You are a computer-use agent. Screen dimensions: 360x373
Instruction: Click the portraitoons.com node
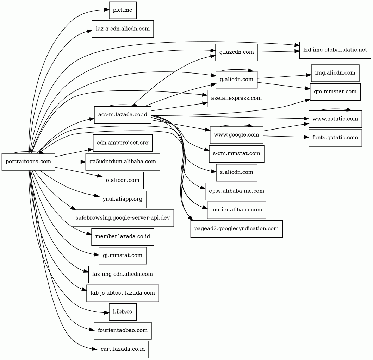click(28, 162)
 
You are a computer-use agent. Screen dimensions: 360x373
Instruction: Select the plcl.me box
click(123, 10)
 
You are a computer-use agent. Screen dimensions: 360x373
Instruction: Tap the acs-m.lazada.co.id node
click(123, 115)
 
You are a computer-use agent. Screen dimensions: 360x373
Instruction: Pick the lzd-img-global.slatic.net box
click(335, 50)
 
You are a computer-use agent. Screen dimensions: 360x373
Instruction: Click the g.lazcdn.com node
click(237, 52)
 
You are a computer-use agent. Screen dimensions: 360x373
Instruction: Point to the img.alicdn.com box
click(335, 73)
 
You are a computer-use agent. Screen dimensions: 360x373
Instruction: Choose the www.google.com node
click(237, 135)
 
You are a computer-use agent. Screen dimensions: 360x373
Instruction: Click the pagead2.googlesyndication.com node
click(237, 229)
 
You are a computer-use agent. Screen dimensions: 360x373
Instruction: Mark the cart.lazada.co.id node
click(123, 349)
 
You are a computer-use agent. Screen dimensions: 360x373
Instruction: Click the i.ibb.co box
click(123, 312)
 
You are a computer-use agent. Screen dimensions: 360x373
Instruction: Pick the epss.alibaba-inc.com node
click(237, 191)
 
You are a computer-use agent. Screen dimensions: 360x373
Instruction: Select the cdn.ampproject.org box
click(123, 143)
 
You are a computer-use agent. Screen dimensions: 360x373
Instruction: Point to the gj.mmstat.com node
click(123, 255)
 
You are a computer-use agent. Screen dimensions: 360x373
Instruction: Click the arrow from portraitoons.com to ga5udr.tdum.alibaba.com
click(70, 162)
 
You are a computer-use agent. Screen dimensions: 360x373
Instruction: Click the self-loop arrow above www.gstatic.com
click(335, 109)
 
